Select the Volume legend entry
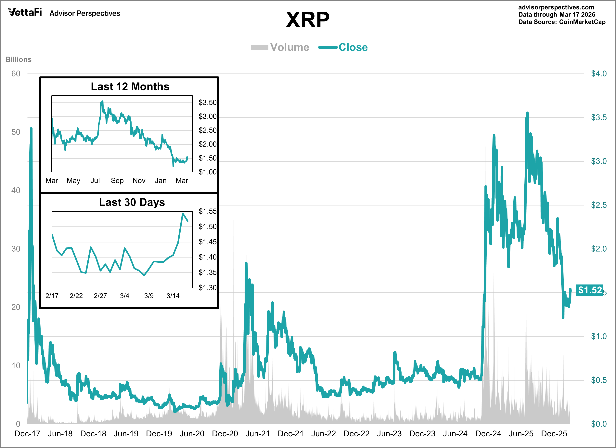click(x=280, y=47)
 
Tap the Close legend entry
click(x=343, y=47)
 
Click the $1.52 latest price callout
click(x=590, y=290)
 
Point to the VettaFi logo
click(x=25, y=12)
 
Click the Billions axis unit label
click(x=19, y=59)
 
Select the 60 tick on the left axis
click(x=16, y=74)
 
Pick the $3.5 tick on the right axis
click(x=599, y=117)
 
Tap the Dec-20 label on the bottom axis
click(x=225, y=434)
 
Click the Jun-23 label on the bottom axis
click(x=389, y=434)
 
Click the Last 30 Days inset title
click(x=132, y=202)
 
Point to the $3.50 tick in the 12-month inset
click(x=208, y=103)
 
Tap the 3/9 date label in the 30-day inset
click(x=149, y=296)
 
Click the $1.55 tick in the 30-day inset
click(x=208, y=211)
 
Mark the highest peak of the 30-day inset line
click(x=183, y=213)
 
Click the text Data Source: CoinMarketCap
click(x=562, y=22)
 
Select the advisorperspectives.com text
click(x=556, y=7)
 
